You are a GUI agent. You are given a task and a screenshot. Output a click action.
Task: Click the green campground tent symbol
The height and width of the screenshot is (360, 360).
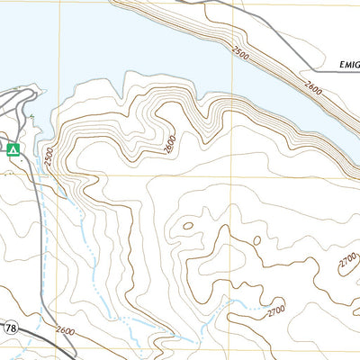13,149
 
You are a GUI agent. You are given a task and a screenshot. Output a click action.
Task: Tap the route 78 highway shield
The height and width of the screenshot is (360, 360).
9,328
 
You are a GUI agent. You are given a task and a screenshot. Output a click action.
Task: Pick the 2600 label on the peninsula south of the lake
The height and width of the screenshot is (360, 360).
168,144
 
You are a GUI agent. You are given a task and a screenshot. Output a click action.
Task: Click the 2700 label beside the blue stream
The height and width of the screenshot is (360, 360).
274,311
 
